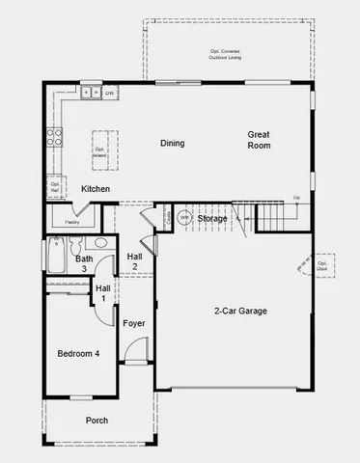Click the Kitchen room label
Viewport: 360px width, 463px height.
tap(95, 188)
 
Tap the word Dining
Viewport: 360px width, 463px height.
tap(172, 144)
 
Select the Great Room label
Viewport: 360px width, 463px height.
tap(258, 140)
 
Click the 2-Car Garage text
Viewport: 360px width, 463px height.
tap(240, 311)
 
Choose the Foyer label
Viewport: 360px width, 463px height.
tap(134, 322)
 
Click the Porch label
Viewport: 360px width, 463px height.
tap(97, 421)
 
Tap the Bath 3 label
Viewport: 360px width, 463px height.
tap(85, 263)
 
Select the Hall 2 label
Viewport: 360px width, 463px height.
tap(134, 260)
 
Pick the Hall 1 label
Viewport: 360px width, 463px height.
tap(101, 293)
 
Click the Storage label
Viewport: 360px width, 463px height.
tap(213, 219)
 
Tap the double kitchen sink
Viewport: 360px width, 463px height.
tap(90, 93)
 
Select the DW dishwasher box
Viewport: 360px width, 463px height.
tap(110, 93)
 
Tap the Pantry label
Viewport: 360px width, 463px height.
tap(72, 221)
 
